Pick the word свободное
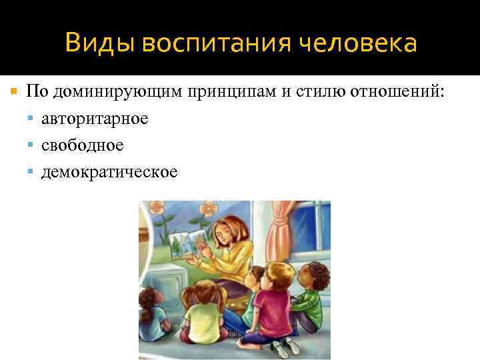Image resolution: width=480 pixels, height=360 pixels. coord(82,145)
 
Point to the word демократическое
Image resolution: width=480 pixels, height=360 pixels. coord(109,172)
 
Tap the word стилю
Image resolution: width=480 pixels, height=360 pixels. coord(317,91)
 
